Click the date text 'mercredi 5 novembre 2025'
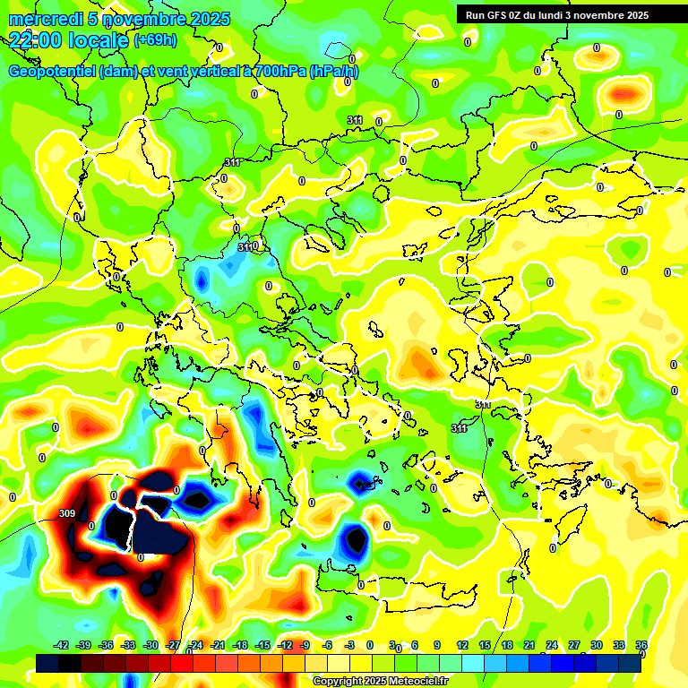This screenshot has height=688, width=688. (119, 19)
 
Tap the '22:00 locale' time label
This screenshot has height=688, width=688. (69, 39)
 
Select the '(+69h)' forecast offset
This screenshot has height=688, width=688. (155, 40)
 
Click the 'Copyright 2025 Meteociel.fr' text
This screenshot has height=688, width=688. (380, 681)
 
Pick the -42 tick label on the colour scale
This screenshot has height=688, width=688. (61, 645)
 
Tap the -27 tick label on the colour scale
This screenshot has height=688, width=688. (173, 645)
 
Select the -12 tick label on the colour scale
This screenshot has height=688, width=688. (284, 645)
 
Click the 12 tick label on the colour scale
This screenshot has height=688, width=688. (462, 645)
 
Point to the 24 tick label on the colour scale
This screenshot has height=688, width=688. (551, 645)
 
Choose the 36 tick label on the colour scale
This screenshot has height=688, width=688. (641, 645)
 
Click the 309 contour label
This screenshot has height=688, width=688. (66, 513)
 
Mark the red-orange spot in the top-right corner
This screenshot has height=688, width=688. (624, 92)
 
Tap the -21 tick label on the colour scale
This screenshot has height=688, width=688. (218, 645)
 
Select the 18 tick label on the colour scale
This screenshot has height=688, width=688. (507, 645)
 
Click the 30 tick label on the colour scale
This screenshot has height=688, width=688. (596, 645)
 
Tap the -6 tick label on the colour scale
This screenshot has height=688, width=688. (328, 645)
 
